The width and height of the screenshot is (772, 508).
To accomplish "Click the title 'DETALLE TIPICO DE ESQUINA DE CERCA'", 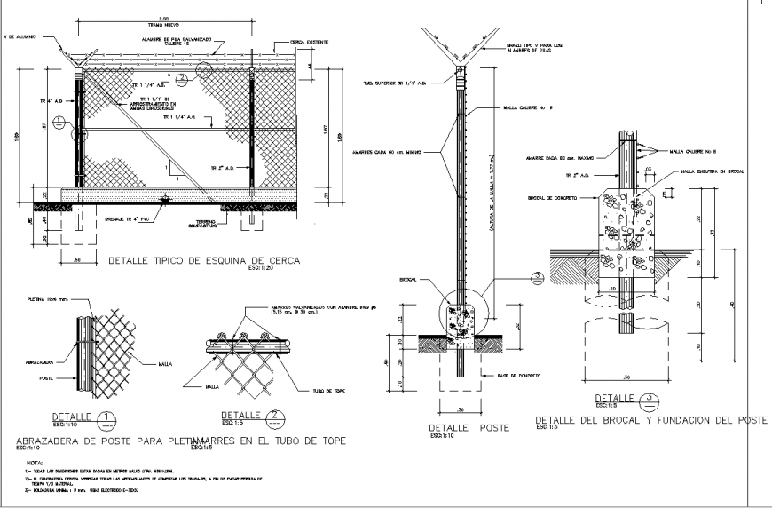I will point(204,261).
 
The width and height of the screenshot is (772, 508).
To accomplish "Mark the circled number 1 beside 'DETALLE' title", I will point(104,417).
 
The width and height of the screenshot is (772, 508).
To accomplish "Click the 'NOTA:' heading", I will point(35,463).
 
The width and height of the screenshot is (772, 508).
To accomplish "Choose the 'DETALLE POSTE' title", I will point(469,427).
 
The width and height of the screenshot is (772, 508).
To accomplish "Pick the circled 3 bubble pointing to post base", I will point(538,277).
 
